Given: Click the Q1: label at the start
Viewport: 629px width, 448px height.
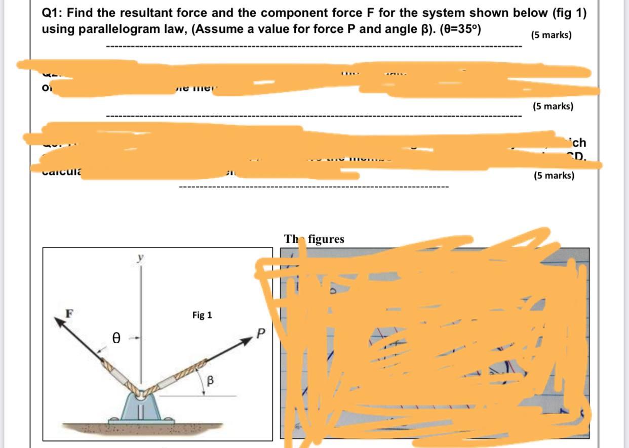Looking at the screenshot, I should [x=52, y=13].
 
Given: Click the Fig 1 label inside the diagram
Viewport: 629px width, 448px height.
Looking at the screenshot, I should [x=202, y=315].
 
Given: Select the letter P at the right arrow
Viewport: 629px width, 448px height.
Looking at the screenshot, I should [x=261, y=334].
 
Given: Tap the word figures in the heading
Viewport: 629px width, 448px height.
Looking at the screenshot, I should [x=326, y=239].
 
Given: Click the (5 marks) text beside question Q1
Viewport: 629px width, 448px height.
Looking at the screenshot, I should [x=551, y=35].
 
